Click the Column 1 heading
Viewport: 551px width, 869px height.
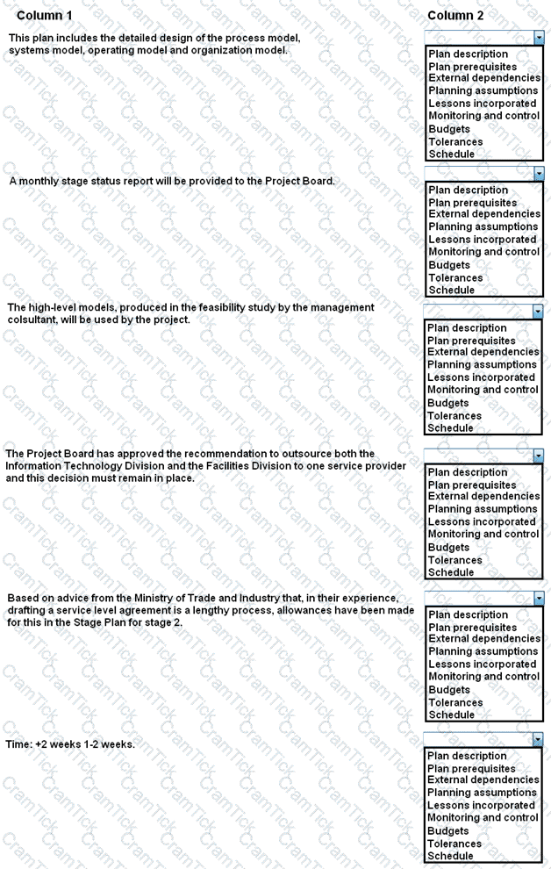click(45, 16)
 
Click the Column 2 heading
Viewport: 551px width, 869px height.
click(455, 16)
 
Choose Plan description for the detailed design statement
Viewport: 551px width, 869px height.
click(468, 54)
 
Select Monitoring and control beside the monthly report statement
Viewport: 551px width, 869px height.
click(483, 252)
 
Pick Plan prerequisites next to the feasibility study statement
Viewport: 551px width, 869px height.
click(472, 341)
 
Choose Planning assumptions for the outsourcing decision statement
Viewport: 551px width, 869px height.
click(483, 509)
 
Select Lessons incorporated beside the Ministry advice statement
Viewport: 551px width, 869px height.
click(482, 664)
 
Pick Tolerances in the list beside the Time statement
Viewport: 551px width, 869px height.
click(454, 844)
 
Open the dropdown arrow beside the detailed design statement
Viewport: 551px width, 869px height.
click(539, 38)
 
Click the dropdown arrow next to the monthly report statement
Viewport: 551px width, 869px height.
click(539, 174)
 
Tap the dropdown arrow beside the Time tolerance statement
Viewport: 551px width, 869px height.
click(538, 740)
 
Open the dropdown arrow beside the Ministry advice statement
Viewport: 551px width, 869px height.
click(539, 599)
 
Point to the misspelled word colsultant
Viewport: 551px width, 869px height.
click(34, 320)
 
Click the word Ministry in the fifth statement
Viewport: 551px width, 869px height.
click(148, 599)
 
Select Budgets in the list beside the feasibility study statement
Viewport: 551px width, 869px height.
click(448, 403)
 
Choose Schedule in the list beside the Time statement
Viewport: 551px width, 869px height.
click(450, 856)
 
